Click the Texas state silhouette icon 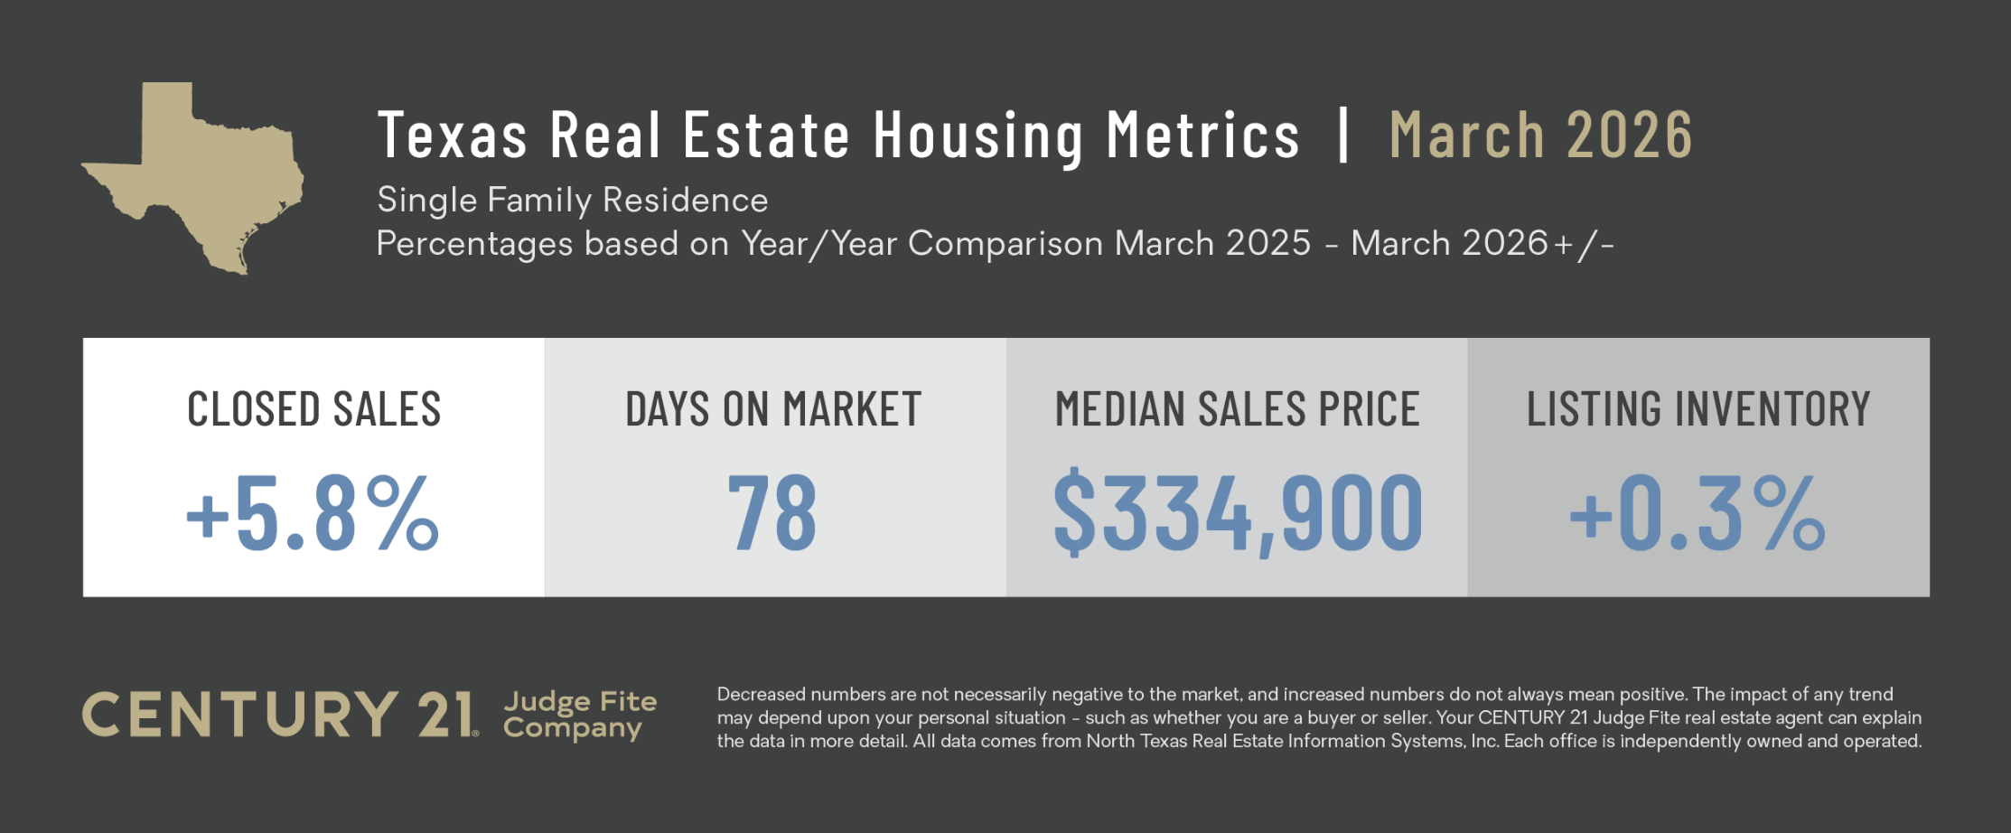[194, 176]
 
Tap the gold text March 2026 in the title [1540, 136]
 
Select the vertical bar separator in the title [1343, 136]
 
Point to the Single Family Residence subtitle [572, 200]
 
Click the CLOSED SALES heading [313, 409]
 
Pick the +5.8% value [313, 512]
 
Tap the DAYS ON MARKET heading [773, 409]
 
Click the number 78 [772, 512]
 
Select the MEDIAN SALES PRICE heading [1237, 409]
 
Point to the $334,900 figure [1238, 512]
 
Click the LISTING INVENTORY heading [1698, 409]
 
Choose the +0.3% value [1698, 512]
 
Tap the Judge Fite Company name [580, 715]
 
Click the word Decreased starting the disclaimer [761, 695]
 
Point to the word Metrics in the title [1203, 136]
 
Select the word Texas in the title [452, 136]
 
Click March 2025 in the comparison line [1212, 243]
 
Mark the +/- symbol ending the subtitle [1583, 244]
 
